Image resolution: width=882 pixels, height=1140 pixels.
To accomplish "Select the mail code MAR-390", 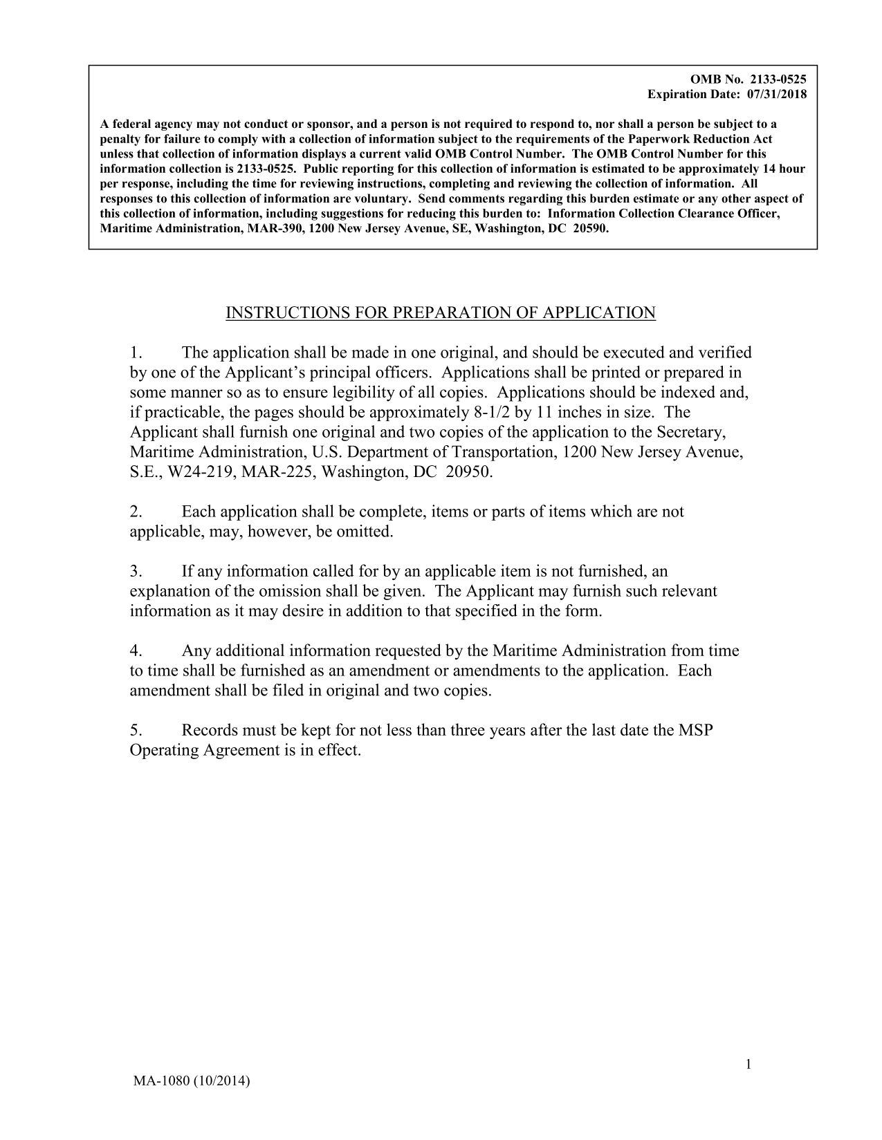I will point(277,228).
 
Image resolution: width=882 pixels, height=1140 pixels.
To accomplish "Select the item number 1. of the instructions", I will point(136,353).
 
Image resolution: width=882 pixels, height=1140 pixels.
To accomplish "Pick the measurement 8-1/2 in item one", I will point(488,413).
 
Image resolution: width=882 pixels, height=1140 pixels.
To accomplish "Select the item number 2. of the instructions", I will point(136,512).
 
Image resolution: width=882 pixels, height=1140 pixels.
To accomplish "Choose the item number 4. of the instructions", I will point(136,651).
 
